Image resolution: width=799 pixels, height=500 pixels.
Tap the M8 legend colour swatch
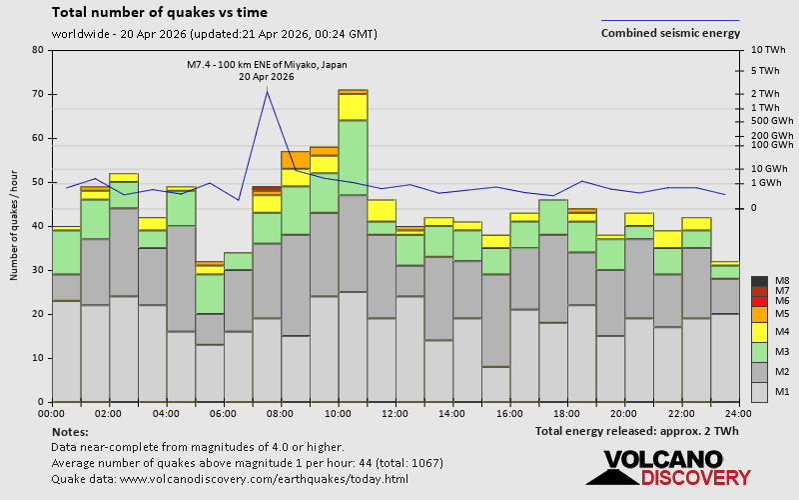pyautogui.click(x=759, y=281)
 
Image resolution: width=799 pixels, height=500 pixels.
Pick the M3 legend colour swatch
pyautogui.click(x=759, y=352)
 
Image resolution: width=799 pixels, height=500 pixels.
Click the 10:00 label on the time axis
pyautogui.click(x=338, y=412)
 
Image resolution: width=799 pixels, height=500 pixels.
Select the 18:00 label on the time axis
pyautogui.click(x=567, y=412)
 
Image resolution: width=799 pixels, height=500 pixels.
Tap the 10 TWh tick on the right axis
pyautogui.click(x=768, y=50)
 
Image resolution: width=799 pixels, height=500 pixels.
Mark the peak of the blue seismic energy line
pyautogui.click(x=267, y=91)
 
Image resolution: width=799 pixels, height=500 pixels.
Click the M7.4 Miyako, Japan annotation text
pyautogui.click(x=266, y=65)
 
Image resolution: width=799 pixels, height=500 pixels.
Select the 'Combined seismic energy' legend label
pyautogui.click(x=670, y=33)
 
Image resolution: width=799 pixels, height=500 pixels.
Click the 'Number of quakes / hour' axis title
pyautogui.click(x=14, y=226)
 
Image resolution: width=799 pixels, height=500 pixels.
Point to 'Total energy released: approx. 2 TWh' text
pyautogui.click(x=636, y=432)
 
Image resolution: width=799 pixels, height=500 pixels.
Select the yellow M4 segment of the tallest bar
pyautogui.click(x=353, y=106)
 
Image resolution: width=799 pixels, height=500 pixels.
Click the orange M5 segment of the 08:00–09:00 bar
pyautogui.click(x=295, y=159)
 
